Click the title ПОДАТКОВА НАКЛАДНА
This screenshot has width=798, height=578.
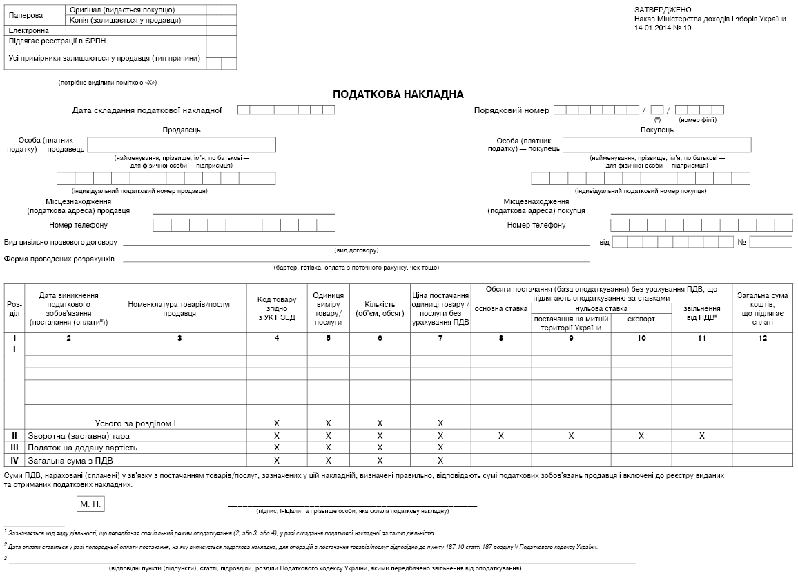398,94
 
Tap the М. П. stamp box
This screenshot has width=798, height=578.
90,504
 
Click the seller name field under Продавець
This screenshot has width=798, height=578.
182,144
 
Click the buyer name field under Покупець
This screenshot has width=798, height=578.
656,144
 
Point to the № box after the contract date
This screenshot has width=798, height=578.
770,242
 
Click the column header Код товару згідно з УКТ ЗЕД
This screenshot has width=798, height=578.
277,308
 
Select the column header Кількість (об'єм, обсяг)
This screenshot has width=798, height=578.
380,308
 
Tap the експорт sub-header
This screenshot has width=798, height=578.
641,319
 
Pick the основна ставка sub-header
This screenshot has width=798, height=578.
501,308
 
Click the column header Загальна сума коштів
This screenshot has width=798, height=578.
762,308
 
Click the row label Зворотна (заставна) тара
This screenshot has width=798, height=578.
78,436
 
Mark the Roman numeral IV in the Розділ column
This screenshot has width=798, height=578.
14,460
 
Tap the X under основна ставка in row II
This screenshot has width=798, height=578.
501,436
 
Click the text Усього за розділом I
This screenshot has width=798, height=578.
135,423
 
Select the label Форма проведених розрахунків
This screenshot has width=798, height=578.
59,259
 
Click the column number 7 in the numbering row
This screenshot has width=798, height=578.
440,337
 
